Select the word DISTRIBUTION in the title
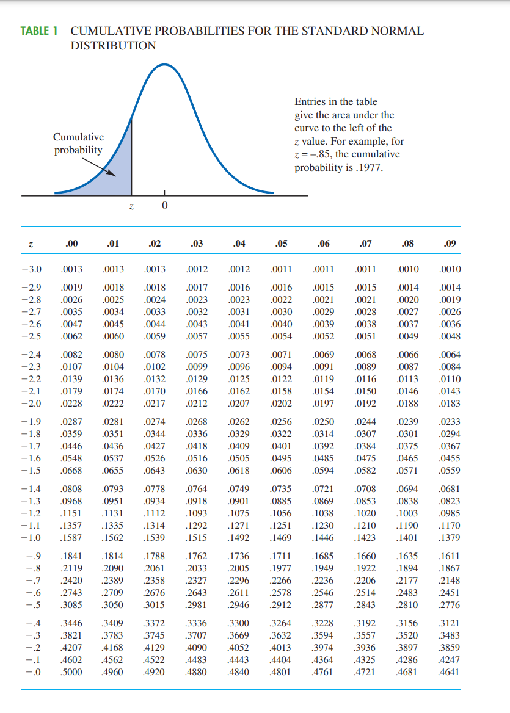(x=113, y=46)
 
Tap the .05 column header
(x=282, y=244)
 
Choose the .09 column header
(x=450, y=244)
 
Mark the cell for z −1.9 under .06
(x=323, y=422)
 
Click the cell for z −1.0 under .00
(x=72, y=538)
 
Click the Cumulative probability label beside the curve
(x=78, y=143)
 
